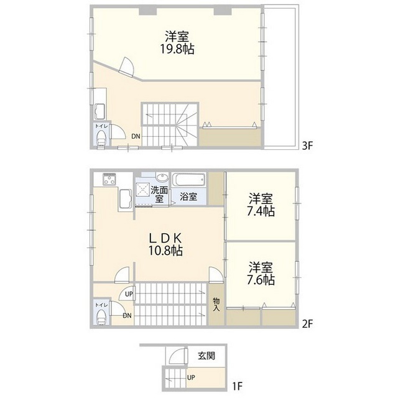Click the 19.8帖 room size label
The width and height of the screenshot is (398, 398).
[x=177, y=49]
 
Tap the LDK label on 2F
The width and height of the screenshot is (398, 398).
[x=165, y=238]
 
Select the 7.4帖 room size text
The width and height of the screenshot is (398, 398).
[x=261, y=211]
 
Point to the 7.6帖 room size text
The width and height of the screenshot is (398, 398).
[x=261, y=280]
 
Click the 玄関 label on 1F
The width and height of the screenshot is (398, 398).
[x=206, y=356]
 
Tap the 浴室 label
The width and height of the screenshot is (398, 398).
[x=188, y=197]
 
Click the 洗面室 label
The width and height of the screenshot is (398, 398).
[x=159, y=195]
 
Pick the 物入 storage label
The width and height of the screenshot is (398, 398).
[x=216, y=304]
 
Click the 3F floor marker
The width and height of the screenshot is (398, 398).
[x=307, y=146]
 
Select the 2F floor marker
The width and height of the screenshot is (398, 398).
[x=307, y=324]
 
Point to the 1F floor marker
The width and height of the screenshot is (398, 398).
[x=238, y=386]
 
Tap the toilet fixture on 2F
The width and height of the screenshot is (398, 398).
[x=102, y=317]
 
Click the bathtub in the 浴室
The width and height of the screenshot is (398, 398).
[x=189, y=180]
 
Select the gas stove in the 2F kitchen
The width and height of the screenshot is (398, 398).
[x=109, y=179]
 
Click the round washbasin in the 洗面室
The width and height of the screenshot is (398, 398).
[x=162, y=177]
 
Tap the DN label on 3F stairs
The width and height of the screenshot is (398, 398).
[x=136, y=136]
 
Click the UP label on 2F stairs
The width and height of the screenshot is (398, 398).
[x=129, y=294]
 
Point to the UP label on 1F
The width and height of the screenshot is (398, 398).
[x=191, y=377]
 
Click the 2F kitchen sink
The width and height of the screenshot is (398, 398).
[x=125, y=198]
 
